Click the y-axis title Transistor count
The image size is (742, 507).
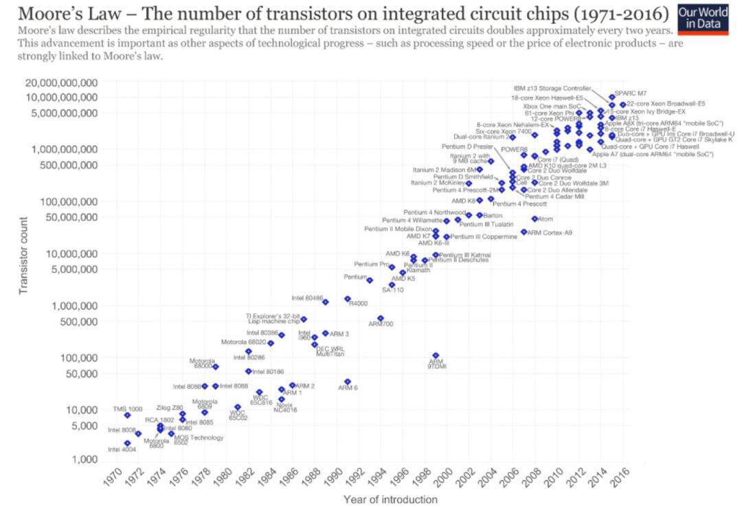click(x=23, y=256)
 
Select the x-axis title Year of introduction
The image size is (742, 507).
click(x=390, y=499)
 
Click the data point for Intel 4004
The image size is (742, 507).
click(x=127, y=443)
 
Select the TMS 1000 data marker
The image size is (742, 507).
click(x=127, y=415)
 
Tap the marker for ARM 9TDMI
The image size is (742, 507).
click(x=436, y=355)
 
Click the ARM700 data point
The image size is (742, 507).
click(x=381, y=318)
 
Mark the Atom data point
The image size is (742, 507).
click(x=535, y=218)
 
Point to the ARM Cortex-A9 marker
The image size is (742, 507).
click(x=524, y=232)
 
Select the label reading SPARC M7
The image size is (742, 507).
click(x=630, y=93)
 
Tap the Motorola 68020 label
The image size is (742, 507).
click(x=243, y=342)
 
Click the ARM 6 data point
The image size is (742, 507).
click(x=348, y=381)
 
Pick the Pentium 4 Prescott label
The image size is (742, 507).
click(x=519, y=203)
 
